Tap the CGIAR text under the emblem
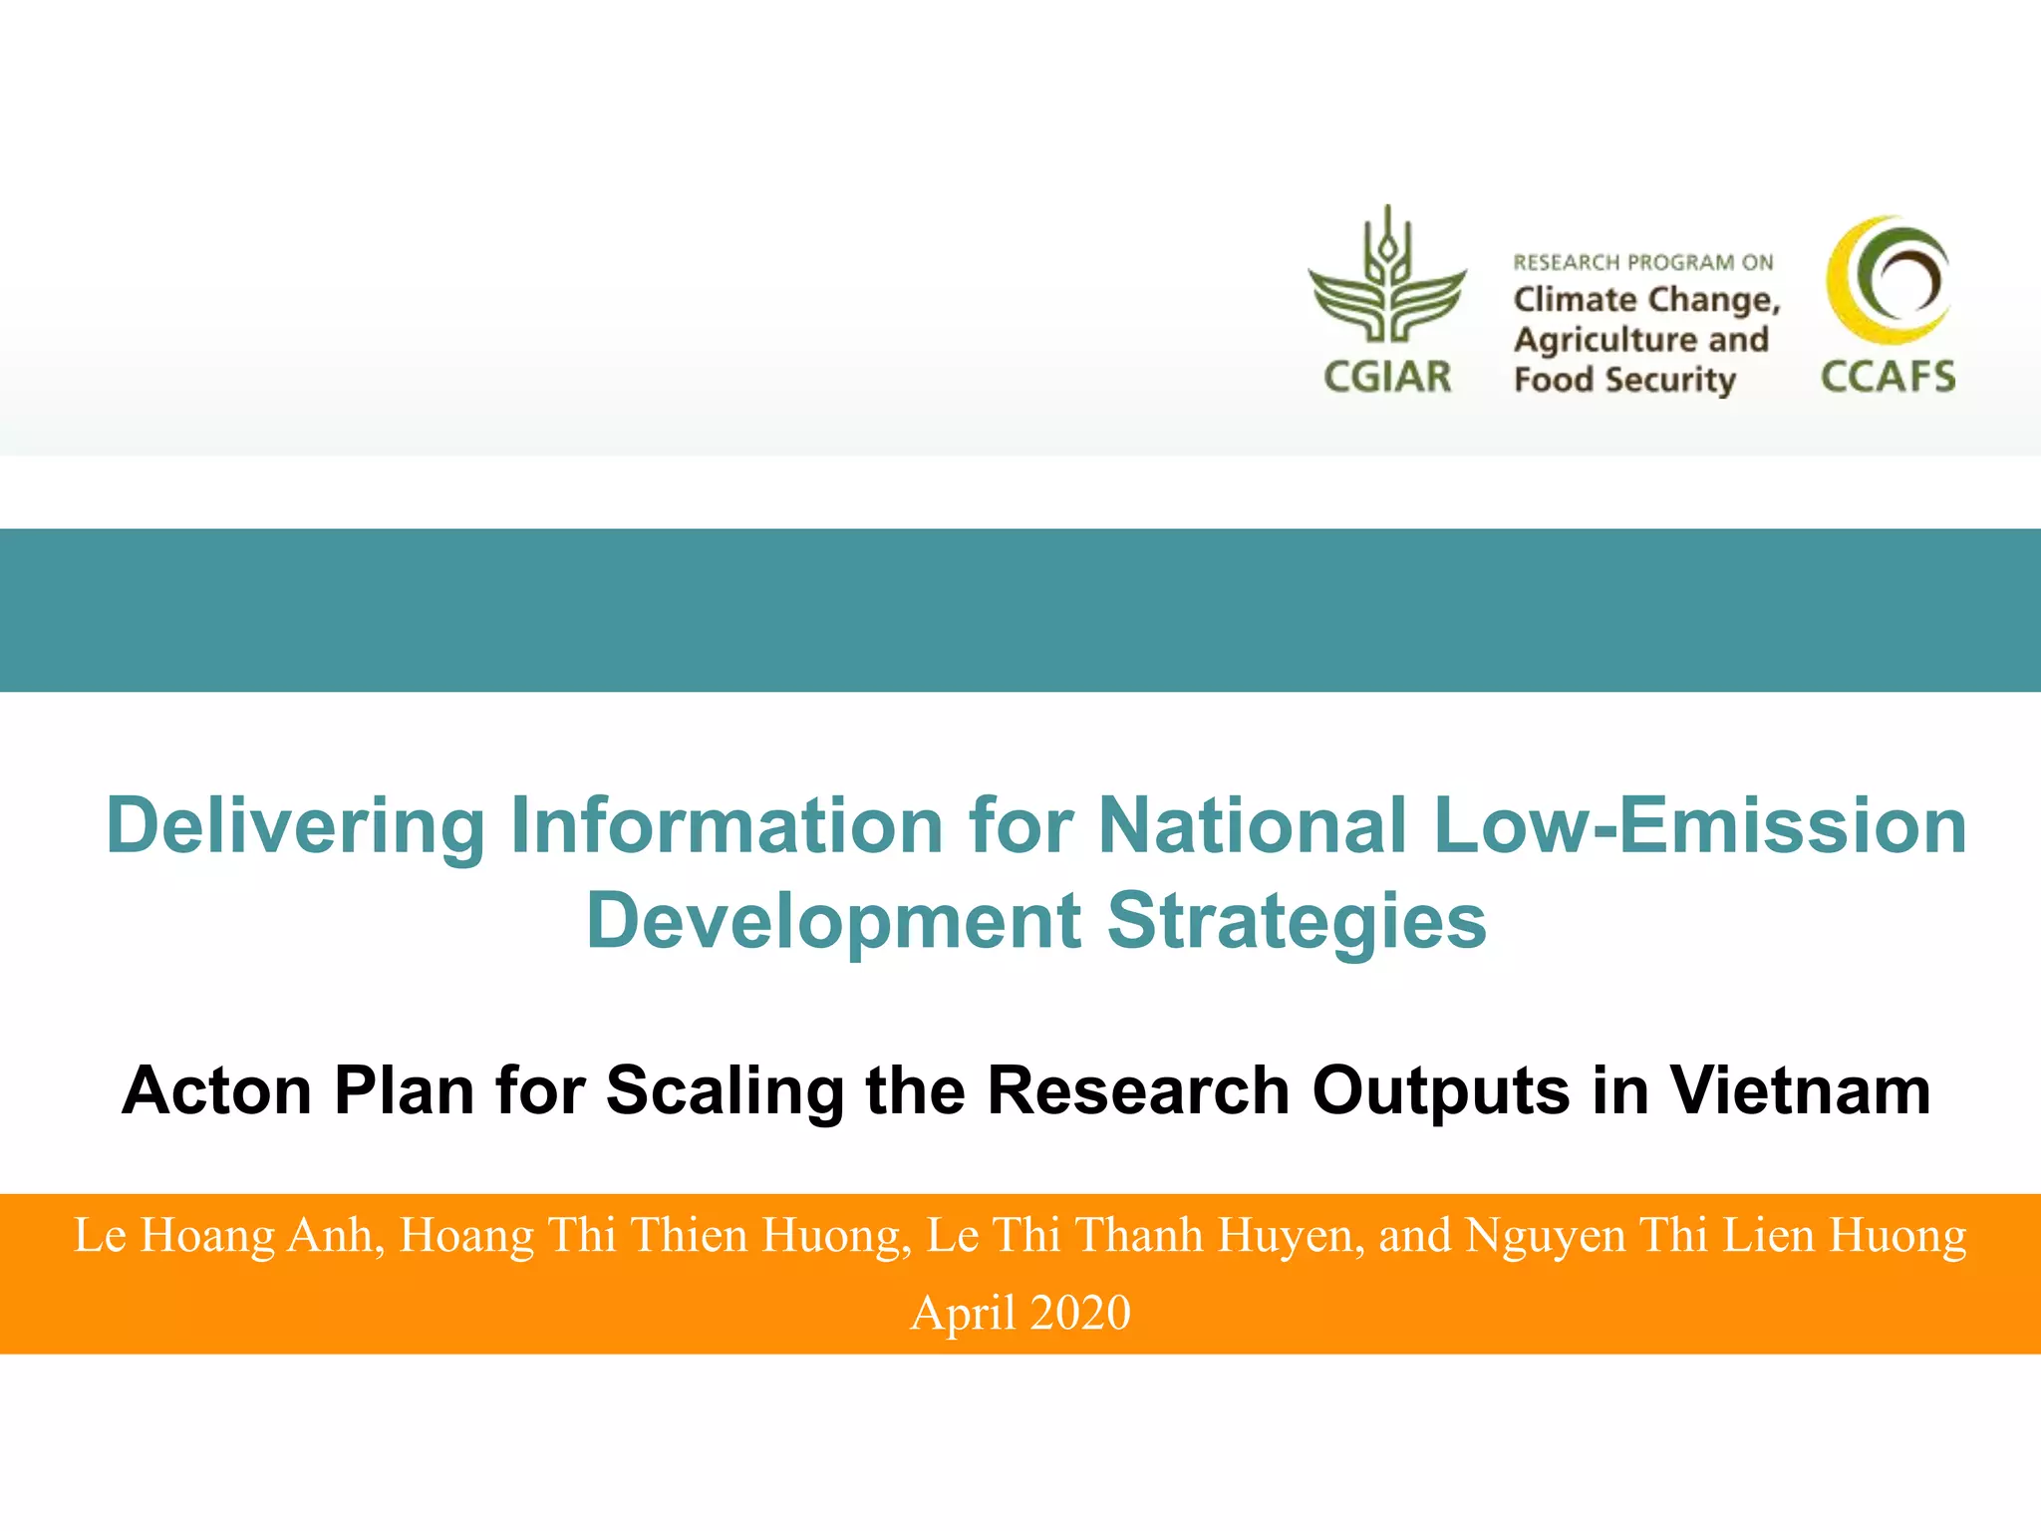(x=1387, y=378)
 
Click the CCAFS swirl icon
(x=1888, y=280)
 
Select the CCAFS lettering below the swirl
(x=1888, y=378)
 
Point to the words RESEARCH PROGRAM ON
(x=1643, y=263)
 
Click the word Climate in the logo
(x=1575, y=300)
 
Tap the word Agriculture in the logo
(x=1604, y=341)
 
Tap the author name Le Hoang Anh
(x=224, y=1236)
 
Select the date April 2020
(x=1020, y=1313)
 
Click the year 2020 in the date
(x=1080, y=1313)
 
